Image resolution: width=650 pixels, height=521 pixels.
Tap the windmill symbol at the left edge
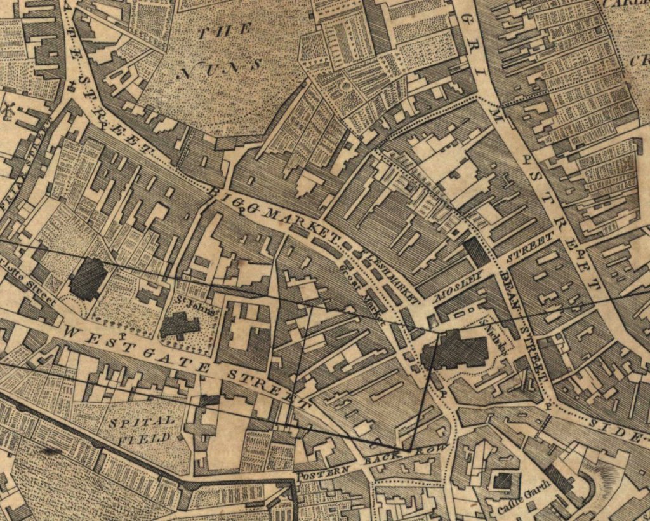10,109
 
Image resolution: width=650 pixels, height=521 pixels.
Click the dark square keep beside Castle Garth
501,481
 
